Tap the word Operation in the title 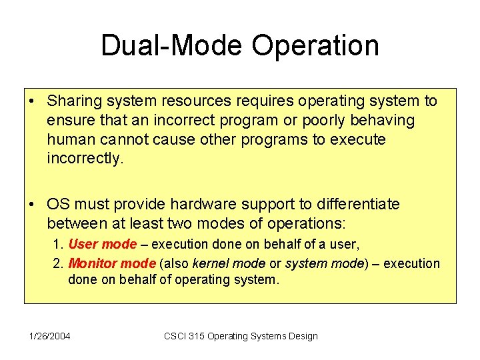click(x=315, y=46)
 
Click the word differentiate click(x=357, y=204)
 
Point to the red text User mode click(x=102, y=244)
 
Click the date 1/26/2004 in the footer click(x=50, y=336)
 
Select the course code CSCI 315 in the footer click(x=184, y=336)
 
